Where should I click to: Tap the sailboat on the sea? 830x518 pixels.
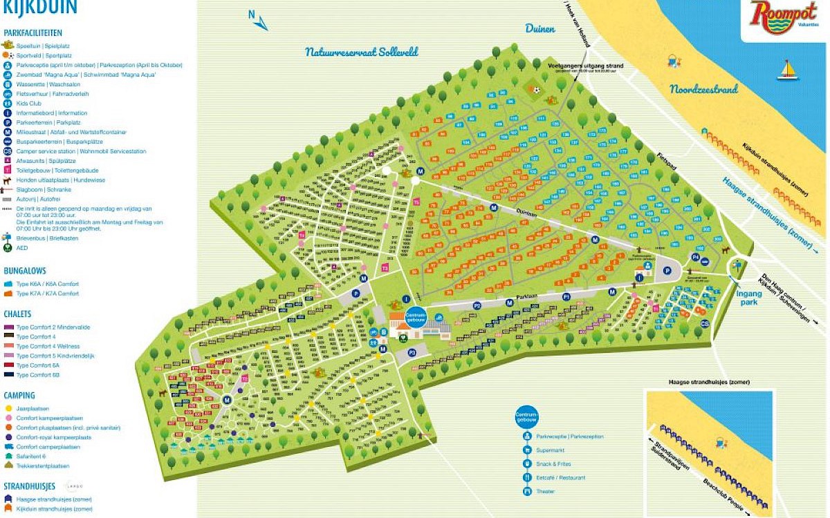(787, 70)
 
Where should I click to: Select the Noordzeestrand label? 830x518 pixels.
(703, 89)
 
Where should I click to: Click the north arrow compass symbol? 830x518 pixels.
(259, 21)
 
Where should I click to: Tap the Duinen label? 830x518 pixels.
(540, 28)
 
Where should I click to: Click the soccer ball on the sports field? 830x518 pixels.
(535, 89)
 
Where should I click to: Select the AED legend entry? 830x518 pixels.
(22, 247)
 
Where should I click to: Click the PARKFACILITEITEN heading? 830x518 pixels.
(33, 32)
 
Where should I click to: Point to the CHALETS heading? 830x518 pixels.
(19, 314)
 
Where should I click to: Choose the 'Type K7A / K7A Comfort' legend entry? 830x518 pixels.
(47, 294)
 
